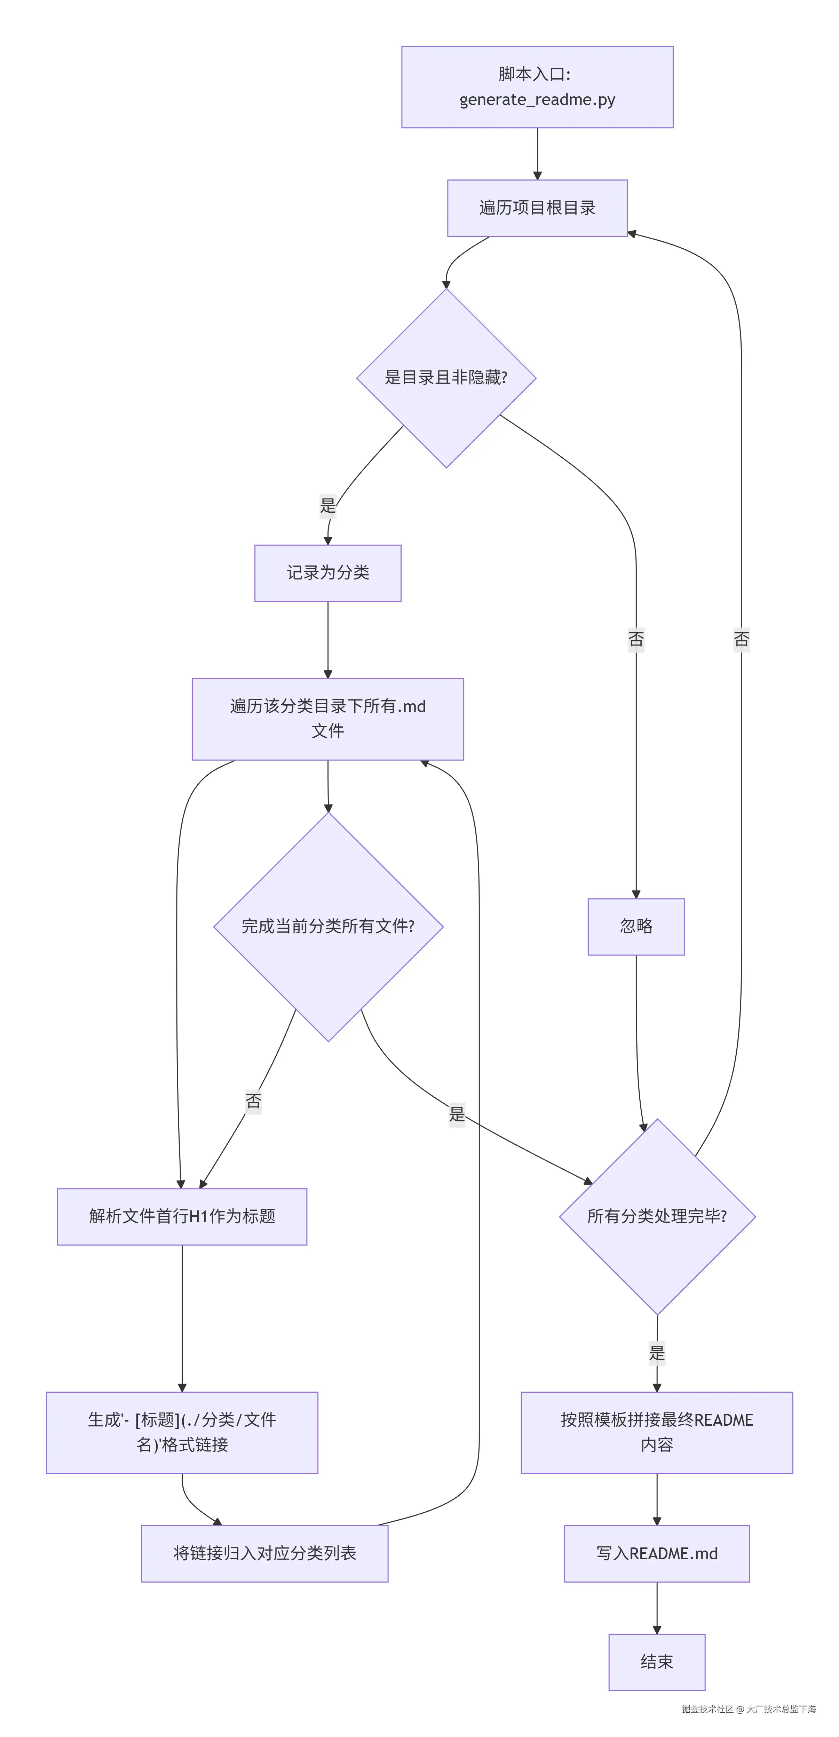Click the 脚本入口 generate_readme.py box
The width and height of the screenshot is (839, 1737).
(x=537, y=87)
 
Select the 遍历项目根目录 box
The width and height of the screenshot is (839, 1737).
(x=537, y=208)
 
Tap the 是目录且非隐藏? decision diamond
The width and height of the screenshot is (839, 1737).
(x=446, y=378)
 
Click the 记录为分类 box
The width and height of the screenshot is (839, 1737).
(x=328, y=573)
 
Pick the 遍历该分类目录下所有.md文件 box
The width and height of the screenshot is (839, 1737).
(x=328, y=719)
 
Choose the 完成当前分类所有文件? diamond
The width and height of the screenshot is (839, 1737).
(x=328, y=927)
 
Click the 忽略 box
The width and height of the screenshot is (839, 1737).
(x=635, y=927)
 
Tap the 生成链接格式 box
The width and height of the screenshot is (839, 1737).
(x=182, y=1432)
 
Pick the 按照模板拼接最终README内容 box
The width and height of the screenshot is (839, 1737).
(x=657, y=1432)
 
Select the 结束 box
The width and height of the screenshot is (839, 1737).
(x=657, y=1662)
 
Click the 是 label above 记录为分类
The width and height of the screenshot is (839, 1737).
(x=328, y=505)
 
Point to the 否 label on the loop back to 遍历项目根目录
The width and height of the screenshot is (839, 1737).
(x=741, y=639)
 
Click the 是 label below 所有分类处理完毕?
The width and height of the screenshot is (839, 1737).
(x=657, y=1353)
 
